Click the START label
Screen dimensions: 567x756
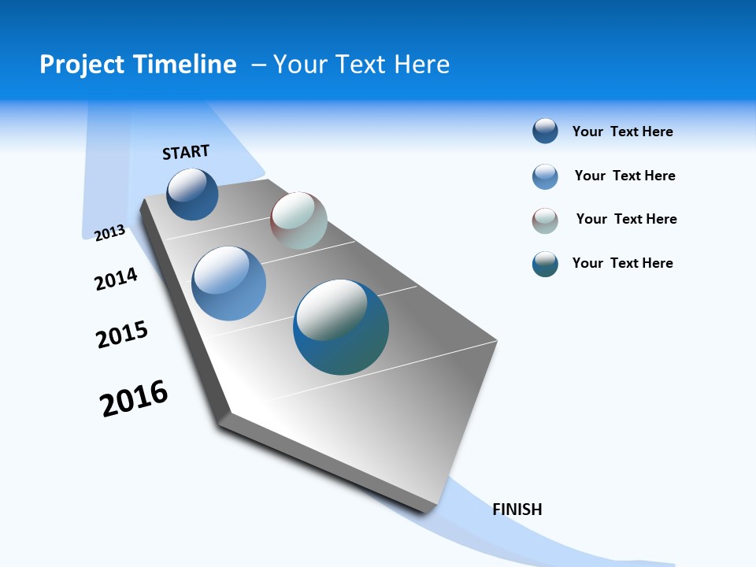click(186, 152)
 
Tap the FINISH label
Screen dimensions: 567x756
click(517, 510)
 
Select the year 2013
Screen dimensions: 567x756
click(110, 232)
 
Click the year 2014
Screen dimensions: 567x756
click(117, 279)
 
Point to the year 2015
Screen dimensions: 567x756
click(122, 334)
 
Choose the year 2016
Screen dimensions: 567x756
click(134, 398)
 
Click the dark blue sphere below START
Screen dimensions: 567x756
click(193, 195)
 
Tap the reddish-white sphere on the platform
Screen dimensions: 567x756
click(298, 220)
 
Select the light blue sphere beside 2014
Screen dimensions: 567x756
click(229, 283)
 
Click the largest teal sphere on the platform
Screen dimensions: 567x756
click(341, 327)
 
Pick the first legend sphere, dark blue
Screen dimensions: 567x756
click(545, 131)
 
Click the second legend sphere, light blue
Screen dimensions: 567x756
click(545, 176)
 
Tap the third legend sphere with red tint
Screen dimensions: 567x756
click(545, 220)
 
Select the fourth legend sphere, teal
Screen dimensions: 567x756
click(545, 264)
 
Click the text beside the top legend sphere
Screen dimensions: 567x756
click(622, 132)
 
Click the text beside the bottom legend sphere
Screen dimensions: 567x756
click(622, 263)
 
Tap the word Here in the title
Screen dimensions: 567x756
click(421, 65)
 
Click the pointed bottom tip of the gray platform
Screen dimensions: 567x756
click(429, 510)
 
